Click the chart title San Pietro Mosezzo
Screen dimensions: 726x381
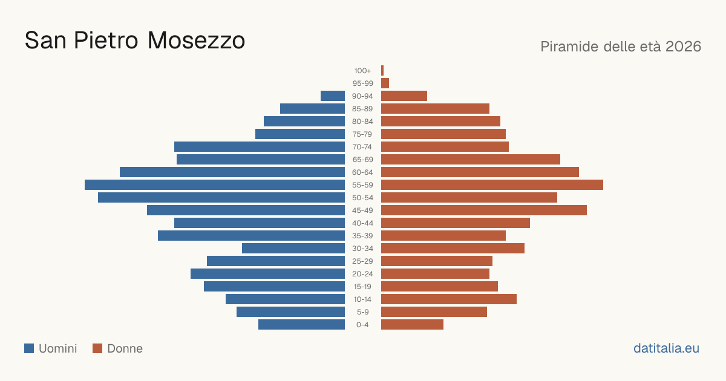[x=135, y=41]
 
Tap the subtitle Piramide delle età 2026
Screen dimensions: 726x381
[x=621, y=47]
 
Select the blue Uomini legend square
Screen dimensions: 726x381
[x=29, y=348]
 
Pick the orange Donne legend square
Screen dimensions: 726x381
[x=97, y=348]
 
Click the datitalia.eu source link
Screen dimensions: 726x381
[x=666, y=348]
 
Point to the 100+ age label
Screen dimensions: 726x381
[x=362, y=71]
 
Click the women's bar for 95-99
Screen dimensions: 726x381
[x=385, y=83]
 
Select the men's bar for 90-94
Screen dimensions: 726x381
[x=333, y=96]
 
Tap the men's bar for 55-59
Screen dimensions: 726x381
[x=215, y=184]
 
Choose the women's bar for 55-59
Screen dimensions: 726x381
[x=492, y=184]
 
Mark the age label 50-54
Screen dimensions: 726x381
[x=362, y=198]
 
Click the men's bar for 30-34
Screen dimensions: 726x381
[x=293, y=248]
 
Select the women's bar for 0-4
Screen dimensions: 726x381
[x=412, y=325]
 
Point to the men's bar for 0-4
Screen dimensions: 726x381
[x=302, y=325]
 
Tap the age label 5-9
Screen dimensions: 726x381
[x=362, y=312]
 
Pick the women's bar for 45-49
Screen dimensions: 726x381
[x=484, y=210]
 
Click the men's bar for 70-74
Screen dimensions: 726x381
[x=260, y=147]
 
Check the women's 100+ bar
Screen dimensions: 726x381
[x=382, y=71]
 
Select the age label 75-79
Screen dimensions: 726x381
[x=362, y=134]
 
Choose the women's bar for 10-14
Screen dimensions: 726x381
[x=449, y=299]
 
